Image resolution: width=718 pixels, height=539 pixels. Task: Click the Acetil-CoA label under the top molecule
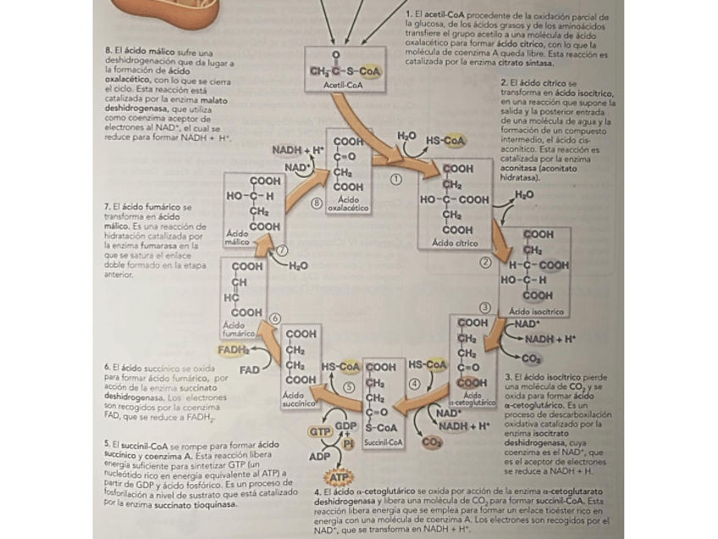(x=343, y=86)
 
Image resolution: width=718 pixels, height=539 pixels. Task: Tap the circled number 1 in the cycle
(x=395, y=178)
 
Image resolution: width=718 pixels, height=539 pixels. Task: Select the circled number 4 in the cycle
(x=415, y=383)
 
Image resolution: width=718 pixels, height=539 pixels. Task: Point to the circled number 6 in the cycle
(x=274, y=318)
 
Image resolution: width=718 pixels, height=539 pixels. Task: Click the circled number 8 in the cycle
(x=317, y=203)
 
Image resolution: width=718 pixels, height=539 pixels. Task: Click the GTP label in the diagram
(x=319, y=431)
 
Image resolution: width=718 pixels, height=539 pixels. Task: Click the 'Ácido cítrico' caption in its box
(x=455, y=242)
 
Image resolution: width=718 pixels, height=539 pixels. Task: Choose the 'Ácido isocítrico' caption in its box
(x=536, y=312)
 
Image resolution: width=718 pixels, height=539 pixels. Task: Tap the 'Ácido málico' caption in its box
(x=237, y=237)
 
